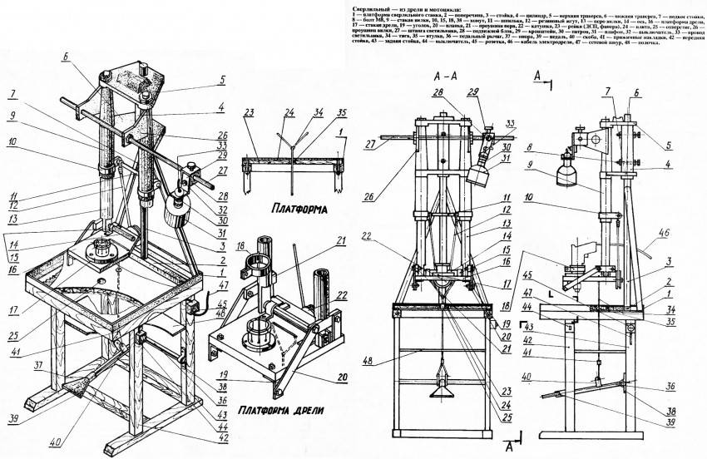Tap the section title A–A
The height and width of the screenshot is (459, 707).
point(447,75)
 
